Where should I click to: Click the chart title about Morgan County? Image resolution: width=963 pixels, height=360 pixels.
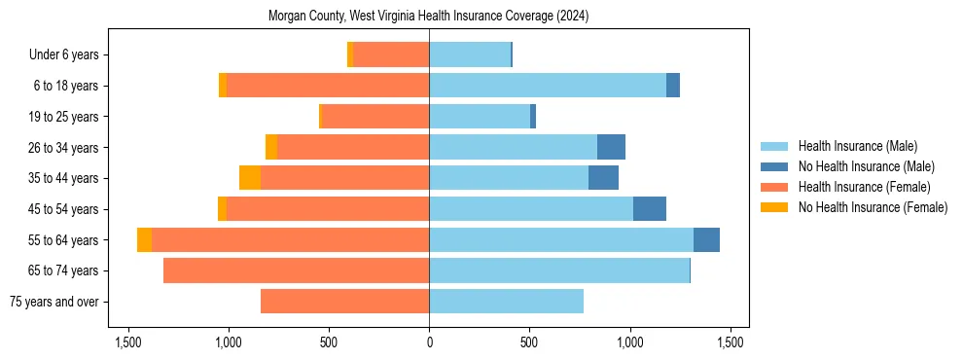tap(429, 17)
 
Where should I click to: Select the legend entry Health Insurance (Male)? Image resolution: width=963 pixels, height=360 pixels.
tap(851, 146)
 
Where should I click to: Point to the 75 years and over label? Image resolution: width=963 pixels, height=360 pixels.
tap(53, 302)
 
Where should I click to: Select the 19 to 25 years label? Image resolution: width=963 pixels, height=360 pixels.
tap(63, 117)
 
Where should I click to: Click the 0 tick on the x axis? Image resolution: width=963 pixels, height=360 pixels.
tap(429, 342)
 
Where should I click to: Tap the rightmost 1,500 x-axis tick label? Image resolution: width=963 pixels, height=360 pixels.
tap(731, 342)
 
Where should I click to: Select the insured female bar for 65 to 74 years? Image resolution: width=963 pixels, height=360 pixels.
tap(296, 270)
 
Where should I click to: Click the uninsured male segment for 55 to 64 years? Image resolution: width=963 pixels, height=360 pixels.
tap(706, 240)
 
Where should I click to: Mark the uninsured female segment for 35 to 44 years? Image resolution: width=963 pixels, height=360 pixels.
tap(250, 178)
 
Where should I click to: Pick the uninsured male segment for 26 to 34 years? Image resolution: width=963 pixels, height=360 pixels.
tap(611, 147)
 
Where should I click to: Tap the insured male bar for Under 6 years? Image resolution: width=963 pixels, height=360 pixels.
tap(470, 55)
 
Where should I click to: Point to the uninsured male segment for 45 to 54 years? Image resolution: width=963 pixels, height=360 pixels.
tap(650, 209)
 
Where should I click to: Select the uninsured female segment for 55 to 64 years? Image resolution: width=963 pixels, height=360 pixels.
tap(144, 240)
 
